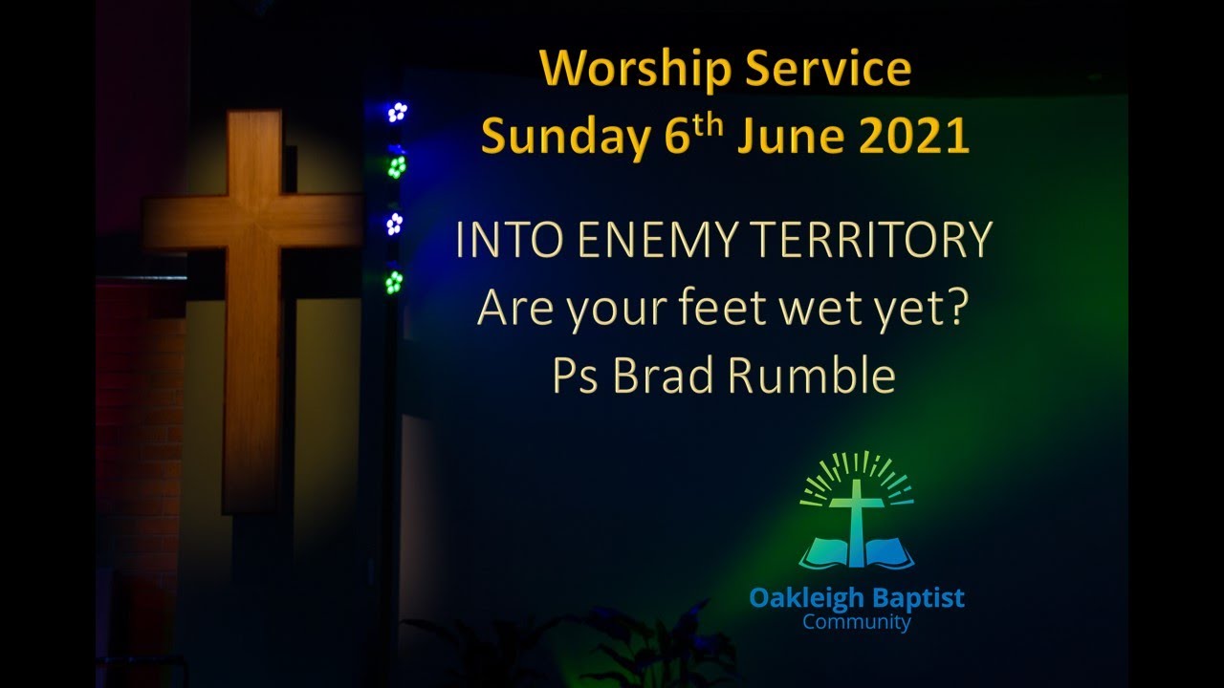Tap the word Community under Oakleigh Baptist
[x=857, y=623]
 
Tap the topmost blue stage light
[x=396, y=112]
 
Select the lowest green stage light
[x=394, y=282]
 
